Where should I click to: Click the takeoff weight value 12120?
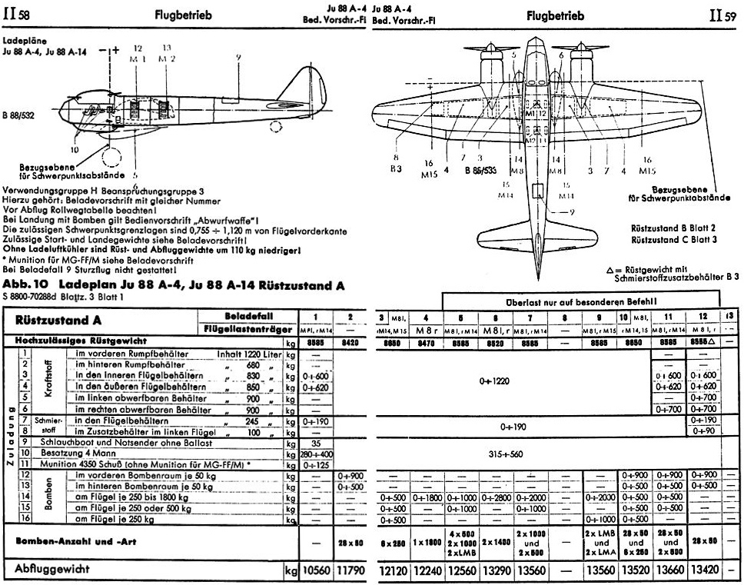coord(393,573)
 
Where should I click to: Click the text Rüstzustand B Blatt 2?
coord(673,228)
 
